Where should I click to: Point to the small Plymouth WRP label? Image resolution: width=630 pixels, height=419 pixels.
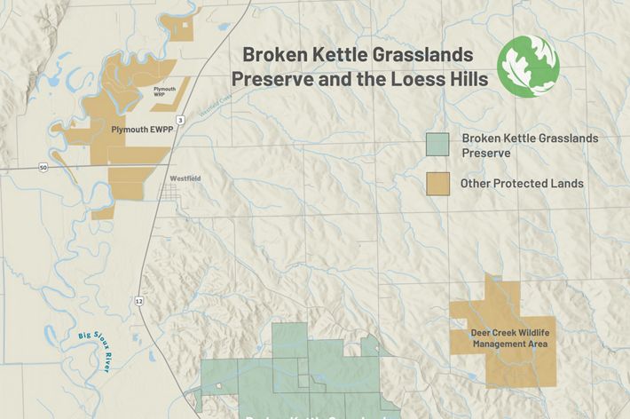[165, 91]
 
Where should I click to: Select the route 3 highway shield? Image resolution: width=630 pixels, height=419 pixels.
[181, 119]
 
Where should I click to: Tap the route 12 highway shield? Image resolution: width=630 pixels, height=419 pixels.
[139, 302]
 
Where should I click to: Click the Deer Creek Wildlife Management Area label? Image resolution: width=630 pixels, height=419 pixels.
[503, 338]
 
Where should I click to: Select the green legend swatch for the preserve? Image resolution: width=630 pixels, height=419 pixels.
[435, 145]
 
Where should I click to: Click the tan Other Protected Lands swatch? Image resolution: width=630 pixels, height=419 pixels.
[435, 184]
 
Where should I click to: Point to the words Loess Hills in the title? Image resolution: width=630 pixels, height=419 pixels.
[442, 79]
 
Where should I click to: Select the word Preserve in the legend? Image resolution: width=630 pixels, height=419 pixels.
[485, 153]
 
